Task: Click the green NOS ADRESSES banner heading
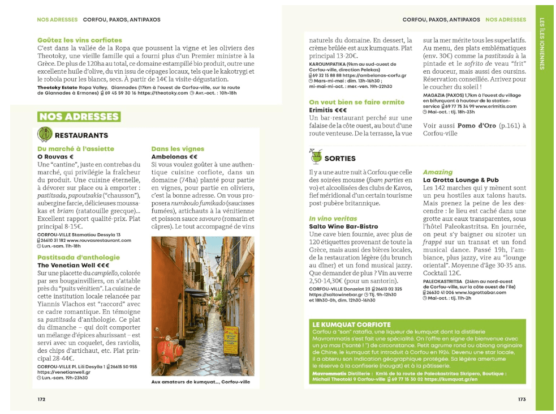click(x=79, y=117)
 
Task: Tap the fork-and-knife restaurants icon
click(x=44, y=135)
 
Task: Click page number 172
click(x=41, y=399)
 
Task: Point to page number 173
click(x=521, y=399)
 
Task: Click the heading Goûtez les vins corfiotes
click(x=79, y=40)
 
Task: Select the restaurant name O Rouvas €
click(x=55, y=156)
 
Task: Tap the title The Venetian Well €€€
click(x=73, y=265)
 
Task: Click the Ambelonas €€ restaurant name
click(x=174, y=156)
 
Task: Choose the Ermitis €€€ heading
click(x=328, y=110)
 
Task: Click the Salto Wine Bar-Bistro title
click(x=343, y=227)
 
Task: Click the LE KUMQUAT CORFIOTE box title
click(x=351, y=325)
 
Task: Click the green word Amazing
click(x=438, y=172)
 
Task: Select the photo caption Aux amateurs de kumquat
click(x=200, y=382)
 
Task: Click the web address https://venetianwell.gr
click(x=61, y=372)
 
